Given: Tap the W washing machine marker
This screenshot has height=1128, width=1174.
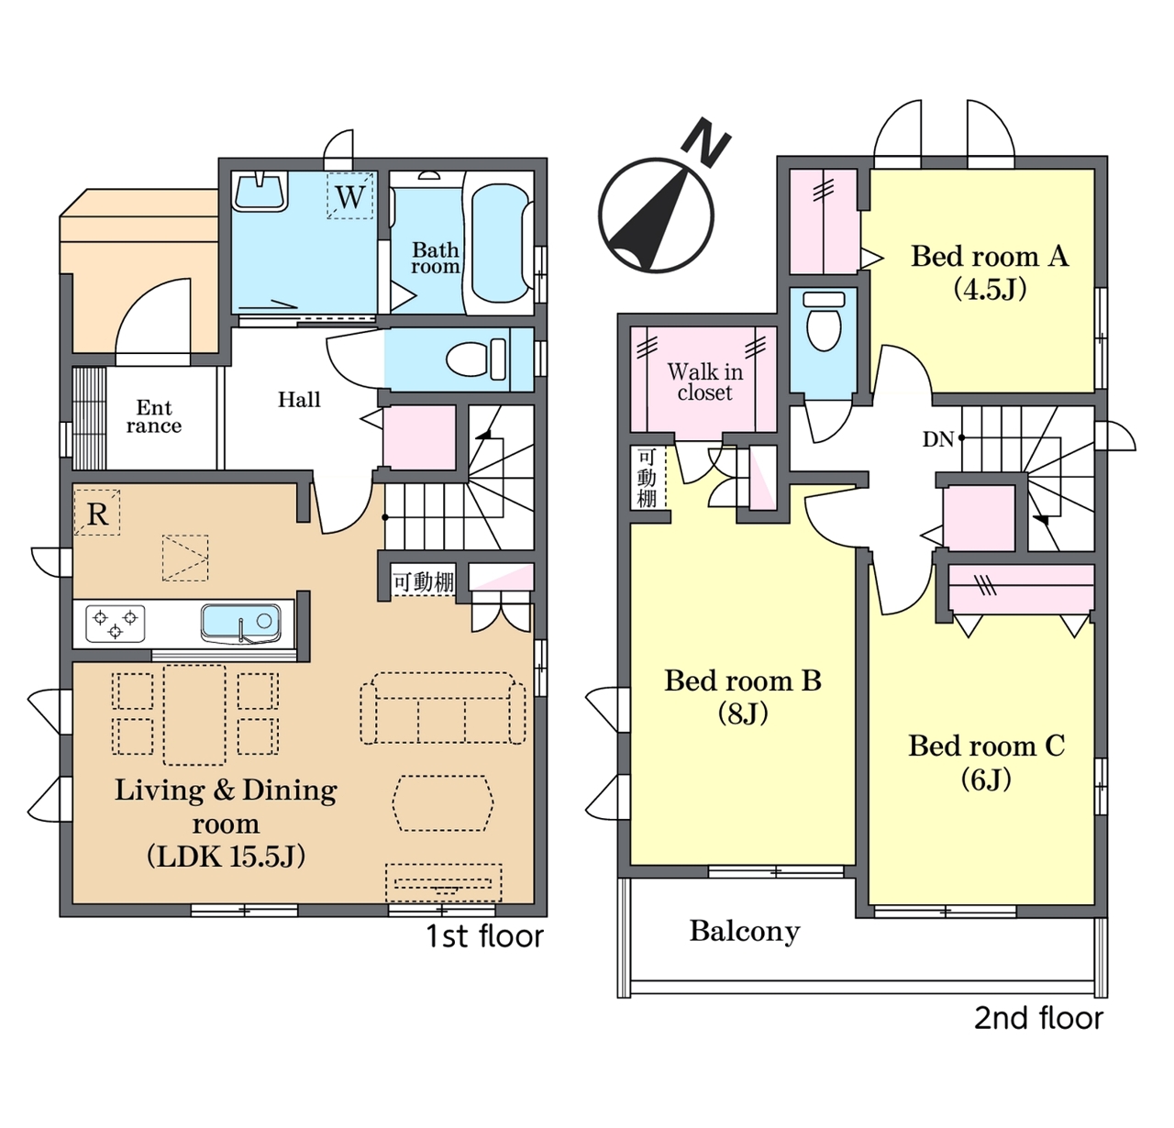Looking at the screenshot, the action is point(350,196).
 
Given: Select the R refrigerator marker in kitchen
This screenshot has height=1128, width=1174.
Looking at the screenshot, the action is point(97,513).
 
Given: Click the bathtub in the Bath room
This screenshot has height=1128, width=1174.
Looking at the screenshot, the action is point(500,243).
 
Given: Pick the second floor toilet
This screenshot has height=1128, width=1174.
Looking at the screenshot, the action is point(824,322).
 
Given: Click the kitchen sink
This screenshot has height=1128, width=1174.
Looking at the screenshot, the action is point(240,622).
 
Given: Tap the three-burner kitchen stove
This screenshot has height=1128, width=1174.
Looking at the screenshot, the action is point(116,624).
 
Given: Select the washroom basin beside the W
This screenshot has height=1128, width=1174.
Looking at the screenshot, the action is point(260,192).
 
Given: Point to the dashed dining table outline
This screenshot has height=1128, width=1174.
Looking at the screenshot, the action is point(194,714).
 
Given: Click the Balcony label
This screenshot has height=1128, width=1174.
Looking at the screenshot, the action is point(745,931).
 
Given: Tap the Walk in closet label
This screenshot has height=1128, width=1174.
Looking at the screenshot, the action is point(704,382).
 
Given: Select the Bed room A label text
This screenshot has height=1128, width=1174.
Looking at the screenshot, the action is point(990,256).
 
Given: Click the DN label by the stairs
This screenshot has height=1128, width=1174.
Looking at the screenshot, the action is point(937,439).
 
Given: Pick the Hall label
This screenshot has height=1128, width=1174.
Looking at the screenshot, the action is point(299,399).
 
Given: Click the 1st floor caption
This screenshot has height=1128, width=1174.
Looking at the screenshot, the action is point(484,935).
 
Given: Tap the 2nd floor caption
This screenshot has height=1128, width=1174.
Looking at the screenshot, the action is point(1038,1018).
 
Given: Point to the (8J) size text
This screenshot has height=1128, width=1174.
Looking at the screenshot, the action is point(743,713).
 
